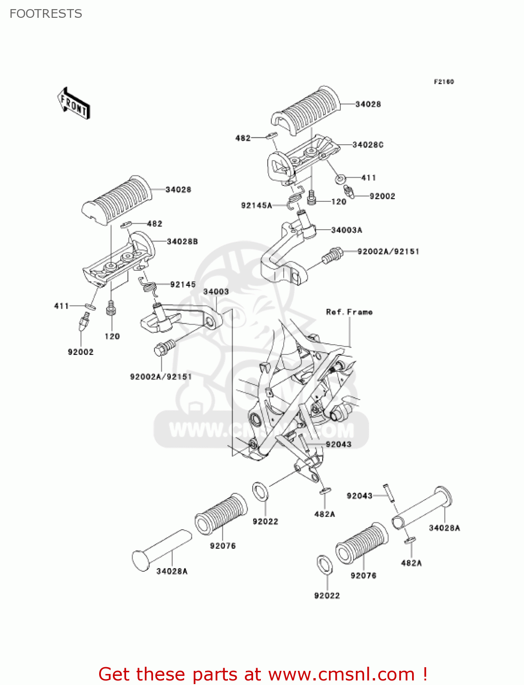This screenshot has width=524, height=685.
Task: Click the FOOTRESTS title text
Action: point(46,14)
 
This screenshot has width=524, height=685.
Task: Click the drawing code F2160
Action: point(444,82)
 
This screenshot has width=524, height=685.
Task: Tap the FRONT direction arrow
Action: point(74,104)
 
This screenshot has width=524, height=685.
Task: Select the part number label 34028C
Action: point(368,145)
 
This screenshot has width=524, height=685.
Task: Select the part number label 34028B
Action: point(182,242)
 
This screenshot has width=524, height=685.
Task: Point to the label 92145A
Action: point(256,205)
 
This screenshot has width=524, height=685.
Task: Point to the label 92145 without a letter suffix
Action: point(183,285)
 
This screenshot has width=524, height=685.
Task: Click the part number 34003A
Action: point(346,230)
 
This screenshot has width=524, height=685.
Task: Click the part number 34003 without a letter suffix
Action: point(216,292)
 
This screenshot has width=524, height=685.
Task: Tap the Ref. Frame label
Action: point(349,312)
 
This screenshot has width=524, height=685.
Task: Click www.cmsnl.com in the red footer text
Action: point(341,674)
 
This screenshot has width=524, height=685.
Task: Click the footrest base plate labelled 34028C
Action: point(302,158)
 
